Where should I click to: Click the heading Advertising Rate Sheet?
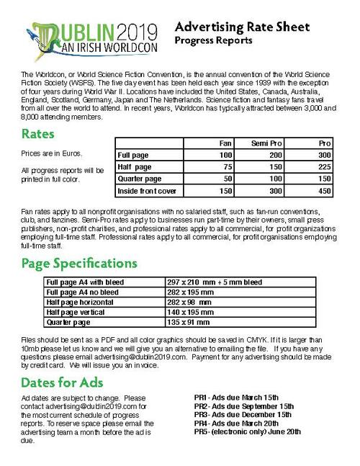pos(242,27)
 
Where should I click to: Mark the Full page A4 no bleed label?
pos(84,293)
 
